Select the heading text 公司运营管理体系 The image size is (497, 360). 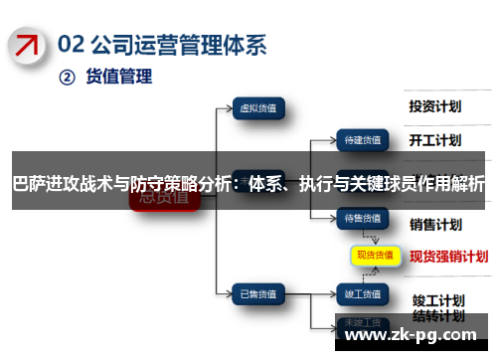click(x=180, y=43)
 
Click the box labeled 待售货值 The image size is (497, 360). click(x=362, y=217)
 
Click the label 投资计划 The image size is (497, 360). click(x=435, y=105)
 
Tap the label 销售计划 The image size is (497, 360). click(x=435, y=223)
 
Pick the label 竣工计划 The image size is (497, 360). click(x=438, y=271)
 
